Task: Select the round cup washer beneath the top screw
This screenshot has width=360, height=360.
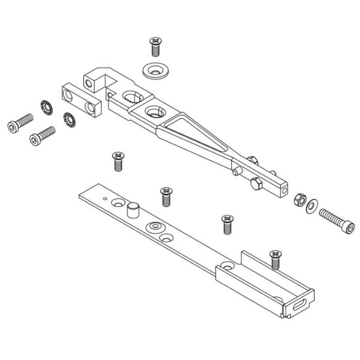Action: pyautogui.click(x=155, y=71)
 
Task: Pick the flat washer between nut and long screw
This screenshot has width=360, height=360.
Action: pyautogui.click(x=312, y=206)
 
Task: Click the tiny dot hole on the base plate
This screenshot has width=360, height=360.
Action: pyautogui.click(x=104, y=198)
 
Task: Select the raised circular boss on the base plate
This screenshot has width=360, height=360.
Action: pyautogui.click(x=155, y=226)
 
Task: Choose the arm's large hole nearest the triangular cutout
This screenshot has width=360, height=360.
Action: pyautogui.click(x=155, y=112)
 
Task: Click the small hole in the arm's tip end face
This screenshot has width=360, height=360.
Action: pyautogui.click(x=284, y=190)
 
